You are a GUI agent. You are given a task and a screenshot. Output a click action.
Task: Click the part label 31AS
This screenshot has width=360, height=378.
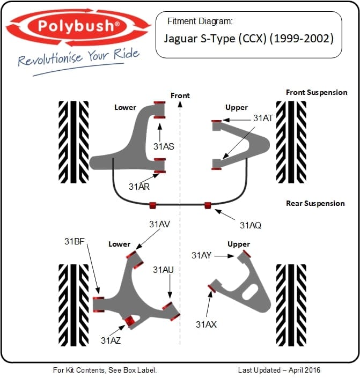(x=164, y=146)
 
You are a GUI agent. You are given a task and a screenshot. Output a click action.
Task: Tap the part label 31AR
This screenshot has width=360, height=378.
(x=139, y=187)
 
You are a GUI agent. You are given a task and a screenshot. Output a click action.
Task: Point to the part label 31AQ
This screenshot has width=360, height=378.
(x=251, y=225)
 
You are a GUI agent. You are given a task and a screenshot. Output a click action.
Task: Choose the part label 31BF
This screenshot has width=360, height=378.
(x=75, y=241)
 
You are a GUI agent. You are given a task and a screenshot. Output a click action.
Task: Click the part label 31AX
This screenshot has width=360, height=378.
(x=206, y=324)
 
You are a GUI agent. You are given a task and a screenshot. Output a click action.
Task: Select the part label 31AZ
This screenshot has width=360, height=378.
(x=111, y=339)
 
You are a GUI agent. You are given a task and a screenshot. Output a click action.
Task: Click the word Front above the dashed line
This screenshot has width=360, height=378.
(x=180, y=95)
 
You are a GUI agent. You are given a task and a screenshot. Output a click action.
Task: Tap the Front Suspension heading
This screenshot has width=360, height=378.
(x=317, y=92)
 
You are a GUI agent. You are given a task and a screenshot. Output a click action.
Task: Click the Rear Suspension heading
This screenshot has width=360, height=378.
(x=315, y=203)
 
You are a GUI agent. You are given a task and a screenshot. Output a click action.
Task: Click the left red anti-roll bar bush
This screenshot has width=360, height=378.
(x=152, y=204)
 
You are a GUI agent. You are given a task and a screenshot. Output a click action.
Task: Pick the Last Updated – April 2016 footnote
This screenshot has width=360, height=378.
(x=279, y=370)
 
